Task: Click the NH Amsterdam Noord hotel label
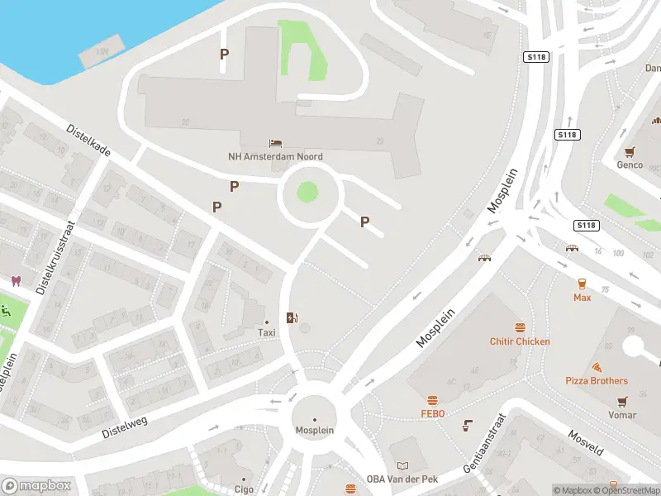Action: [275, 156]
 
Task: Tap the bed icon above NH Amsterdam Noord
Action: [276, 144]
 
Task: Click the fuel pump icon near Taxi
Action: [291, 317]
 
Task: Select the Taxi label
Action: [266, 332]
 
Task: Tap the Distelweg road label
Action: [124, 427]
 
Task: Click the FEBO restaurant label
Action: [432, 413]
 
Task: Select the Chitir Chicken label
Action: [520, 341]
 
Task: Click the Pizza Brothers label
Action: [596, 381]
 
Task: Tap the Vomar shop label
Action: [622, 415]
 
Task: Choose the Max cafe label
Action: [583, 297]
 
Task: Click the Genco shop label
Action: [630, 165]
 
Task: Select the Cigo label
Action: [244, 489]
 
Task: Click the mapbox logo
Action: [36, 486]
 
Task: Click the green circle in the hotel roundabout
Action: [307, 193]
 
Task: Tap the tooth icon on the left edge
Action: [16, 281]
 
